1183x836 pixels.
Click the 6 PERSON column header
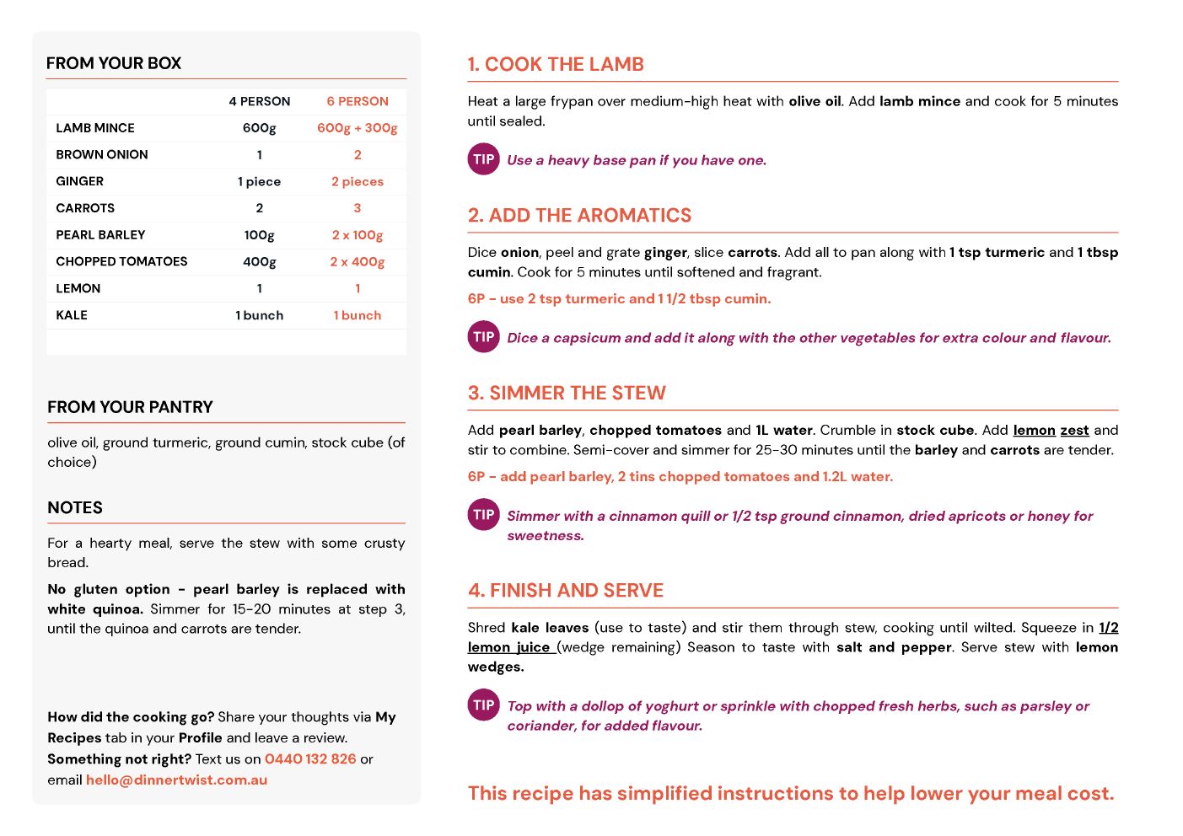point(358,101)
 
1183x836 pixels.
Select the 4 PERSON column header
point(260,101)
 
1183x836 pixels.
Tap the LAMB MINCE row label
point(95,128)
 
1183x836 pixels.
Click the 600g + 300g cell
point(358,128)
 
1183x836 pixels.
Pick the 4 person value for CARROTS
point(260,208)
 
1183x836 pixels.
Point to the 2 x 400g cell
point(358,262)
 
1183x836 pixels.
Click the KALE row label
point(72,315)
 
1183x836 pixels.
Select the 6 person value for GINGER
point(358,181)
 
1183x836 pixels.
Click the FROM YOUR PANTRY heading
point(130,407)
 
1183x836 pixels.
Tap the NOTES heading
point(75,507)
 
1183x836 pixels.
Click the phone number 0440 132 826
point(310,758)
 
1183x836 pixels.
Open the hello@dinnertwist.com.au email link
point(176,780)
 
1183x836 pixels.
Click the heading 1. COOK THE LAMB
point(556,64)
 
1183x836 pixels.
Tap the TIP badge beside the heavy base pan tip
point(484,159)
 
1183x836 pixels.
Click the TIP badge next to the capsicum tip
point(484,337)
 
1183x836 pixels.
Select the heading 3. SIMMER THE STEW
point(567,393)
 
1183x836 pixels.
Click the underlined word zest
point(1074,430)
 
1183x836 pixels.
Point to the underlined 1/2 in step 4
point(1108,627)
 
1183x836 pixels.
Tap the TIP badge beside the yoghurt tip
point(484,705)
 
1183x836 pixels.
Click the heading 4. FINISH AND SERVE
point(566,590)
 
